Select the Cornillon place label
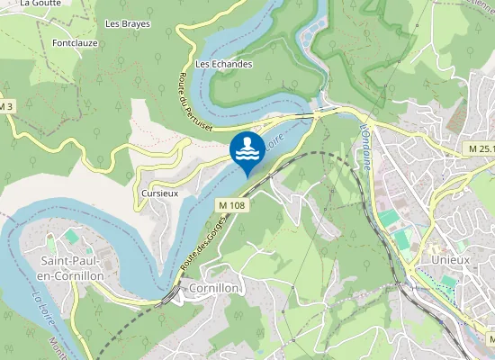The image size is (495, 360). click(x=214, y=288)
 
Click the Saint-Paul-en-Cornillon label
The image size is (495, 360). click(x=72, y=267)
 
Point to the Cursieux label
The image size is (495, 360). click(x=159, y=193)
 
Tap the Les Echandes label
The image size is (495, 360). click(x=224, y=65)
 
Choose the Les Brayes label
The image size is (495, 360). click(x=128, y=23)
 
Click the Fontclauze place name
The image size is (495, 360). click(x=74, y=42)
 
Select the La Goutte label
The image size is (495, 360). click(x=39, y=4)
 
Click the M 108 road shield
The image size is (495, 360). click(x=231, y=206)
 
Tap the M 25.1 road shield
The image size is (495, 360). click(x=479, y=148)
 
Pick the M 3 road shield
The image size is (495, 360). click(x=7, y=107)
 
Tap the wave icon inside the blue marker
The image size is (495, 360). click(x=247, y=149)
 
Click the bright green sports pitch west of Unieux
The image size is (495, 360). click(x=387, y=219)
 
